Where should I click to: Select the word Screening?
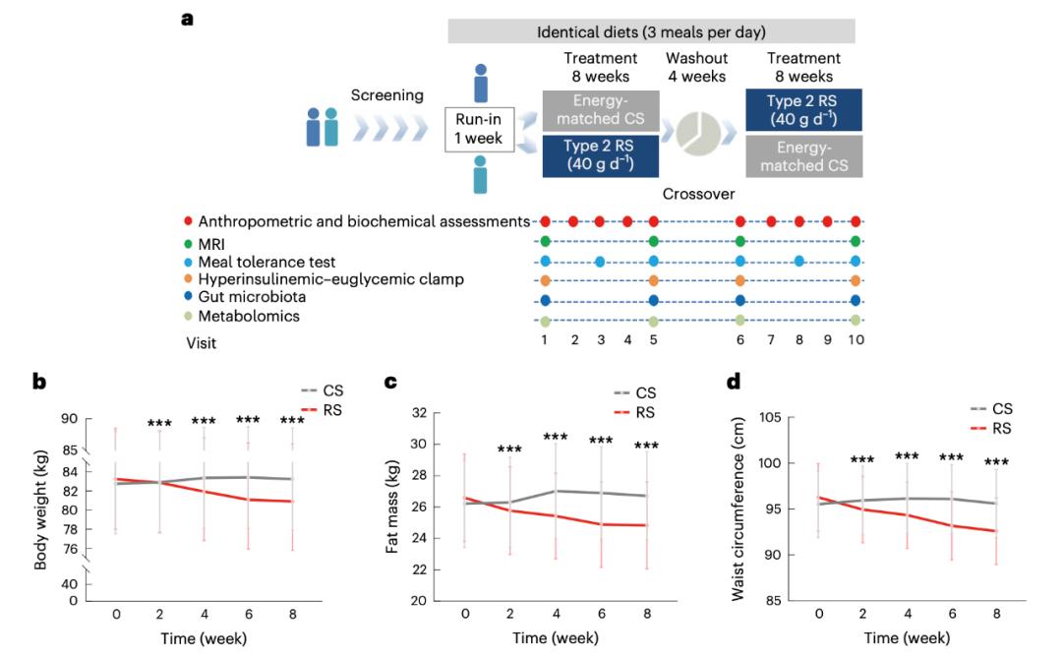(387, 95)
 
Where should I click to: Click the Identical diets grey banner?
(651, 31)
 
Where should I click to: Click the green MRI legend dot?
(189, 241)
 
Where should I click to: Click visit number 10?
(855, 339)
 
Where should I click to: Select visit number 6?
(739, 339)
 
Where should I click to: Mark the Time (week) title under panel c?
(556, 637)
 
